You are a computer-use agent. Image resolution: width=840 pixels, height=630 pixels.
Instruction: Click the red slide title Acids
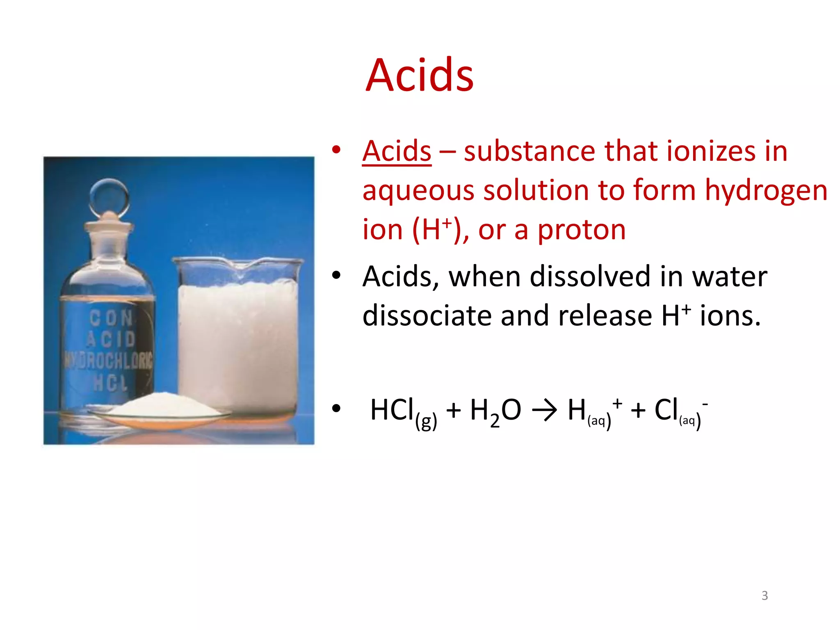419,75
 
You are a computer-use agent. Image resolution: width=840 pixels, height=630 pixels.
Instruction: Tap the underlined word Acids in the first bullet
397,151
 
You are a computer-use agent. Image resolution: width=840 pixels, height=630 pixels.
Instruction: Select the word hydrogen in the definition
766,191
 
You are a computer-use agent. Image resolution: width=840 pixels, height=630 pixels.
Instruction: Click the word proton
581,230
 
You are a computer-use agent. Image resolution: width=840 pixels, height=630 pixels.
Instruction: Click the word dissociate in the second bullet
427,316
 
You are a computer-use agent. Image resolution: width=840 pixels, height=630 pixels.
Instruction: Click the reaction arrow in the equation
544,410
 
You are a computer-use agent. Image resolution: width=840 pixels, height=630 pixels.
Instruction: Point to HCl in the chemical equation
392,410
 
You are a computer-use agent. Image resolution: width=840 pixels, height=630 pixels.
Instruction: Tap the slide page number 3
765,596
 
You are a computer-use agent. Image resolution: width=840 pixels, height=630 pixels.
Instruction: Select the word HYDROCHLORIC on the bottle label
107,360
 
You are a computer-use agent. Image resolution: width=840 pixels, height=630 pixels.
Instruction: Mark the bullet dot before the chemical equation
336,409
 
